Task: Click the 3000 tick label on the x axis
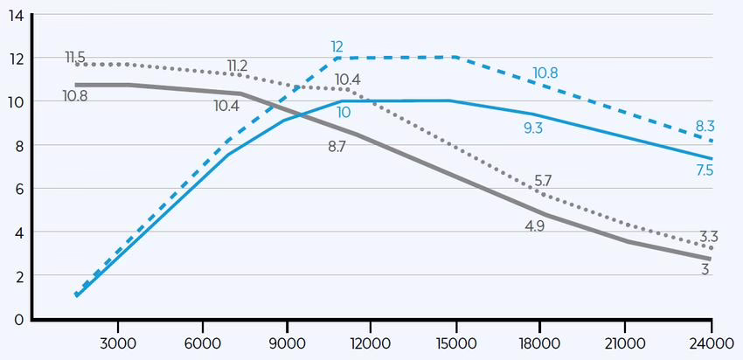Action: click(x=118, y=341)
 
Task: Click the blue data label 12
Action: click(x=337, y=45)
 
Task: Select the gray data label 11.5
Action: click(x=76, y=58)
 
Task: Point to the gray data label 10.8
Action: click(x=75, y=94)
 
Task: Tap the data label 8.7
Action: click(x=337, y=146)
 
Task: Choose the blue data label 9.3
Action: click(x=533, y=128)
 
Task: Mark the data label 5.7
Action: click(x=542, y=180)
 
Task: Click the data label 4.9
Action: click(x=533, y=227)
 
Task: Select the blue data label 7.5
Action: click(x=705, y=170)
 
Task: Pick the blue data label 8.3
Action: click(x=705, y=127)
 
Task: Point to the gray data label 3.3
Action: click(x=709, y=237)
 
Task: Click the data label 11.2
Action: click(x=237, y=66)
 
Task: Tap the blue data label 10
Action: click(x=344, y=112)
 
